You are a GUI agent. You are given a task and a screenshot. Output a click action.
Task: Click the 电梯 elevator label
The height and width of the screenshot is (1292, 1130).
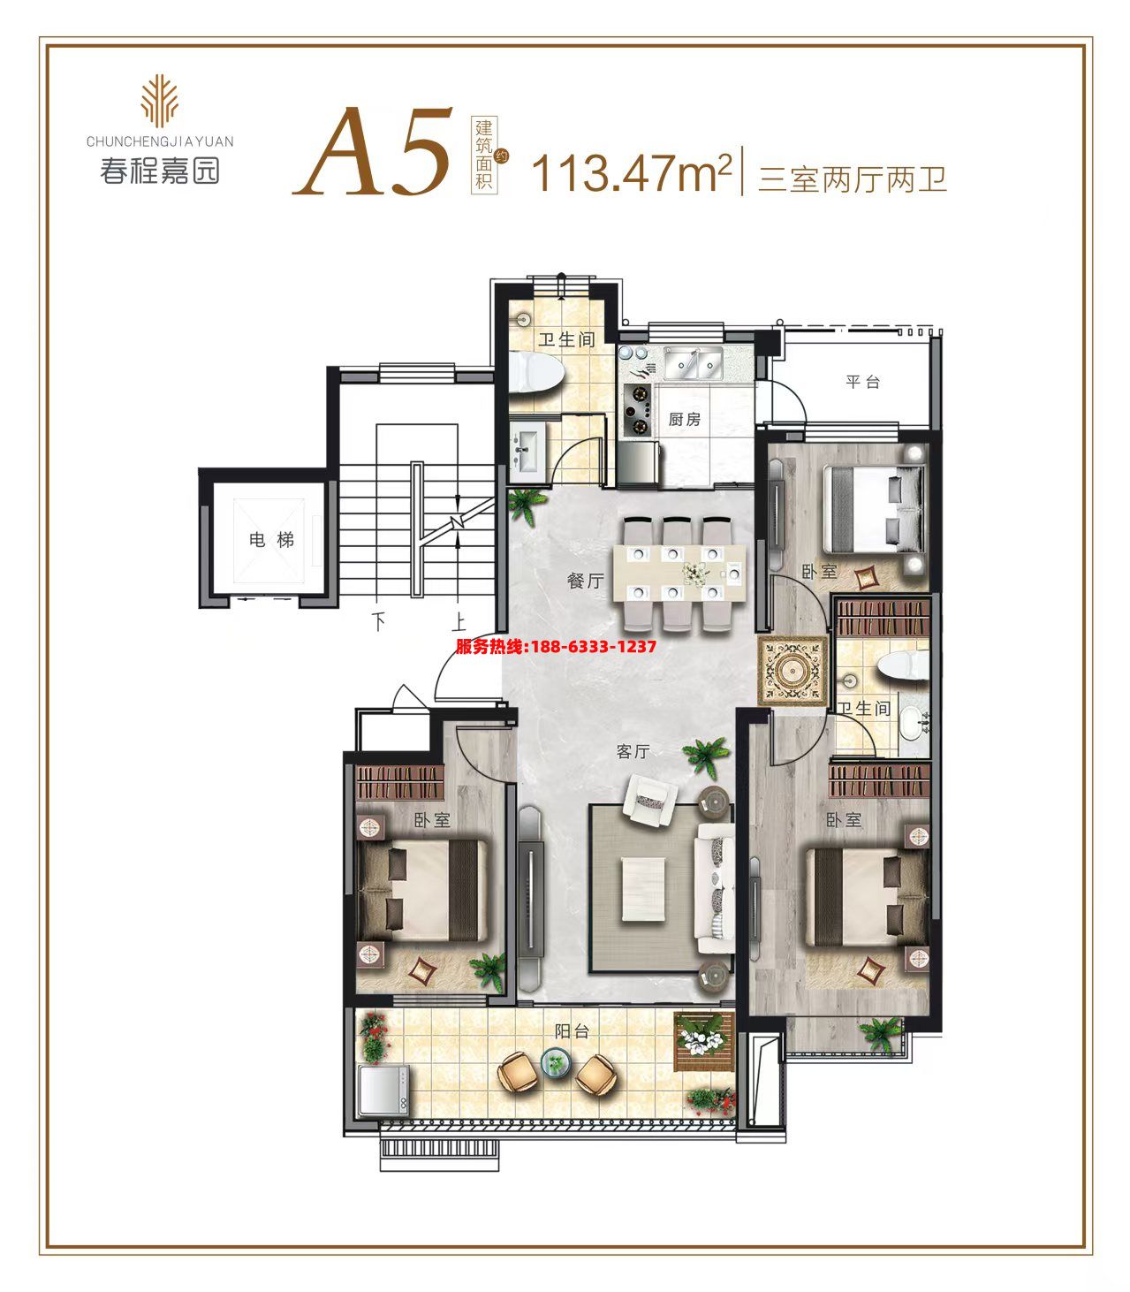(271, 539)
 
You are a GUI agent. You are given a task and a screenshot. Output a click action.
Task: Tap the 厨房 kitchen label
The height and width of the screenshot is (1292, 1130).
(685, 419)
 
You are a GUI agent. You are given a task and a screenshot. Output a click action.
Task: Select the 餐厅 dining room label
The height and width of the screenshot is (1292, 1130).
(586, 581)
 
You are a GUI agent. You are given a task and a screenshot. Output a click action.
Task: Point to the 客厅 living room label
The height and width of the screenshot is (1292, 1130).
(633, 751)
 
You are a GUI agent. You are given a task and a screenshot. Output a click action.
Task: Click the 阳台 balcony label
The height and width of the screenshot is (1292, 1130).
(572, 1031)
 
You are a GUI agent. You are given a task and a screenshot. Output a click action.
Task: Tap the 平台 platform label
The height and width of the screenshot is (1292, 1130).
(863, 382)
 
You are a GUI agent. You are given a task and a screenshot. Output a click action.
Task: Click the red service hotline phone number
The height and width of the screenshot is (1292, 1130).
(556, 646)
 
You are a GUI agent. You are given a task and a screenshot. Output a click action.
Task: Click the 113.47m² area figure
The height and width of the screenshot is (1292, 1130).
(633, 173)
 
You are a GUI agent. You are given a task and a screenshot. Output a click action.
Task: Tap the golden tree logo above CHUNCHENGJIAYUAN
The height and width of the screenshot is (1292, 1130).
(158, 101)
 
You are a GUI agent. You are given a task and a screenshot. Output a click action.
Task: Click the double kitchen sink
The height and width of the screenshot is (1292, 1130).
(694, 362)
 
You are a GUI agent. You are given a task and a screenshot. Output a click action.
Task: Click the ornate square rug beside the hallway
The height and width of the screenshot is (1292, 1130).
(793, 671)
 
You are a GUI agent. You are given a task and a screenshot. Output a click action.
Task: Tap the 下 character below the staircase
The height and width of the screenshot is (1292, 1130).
(379, 621)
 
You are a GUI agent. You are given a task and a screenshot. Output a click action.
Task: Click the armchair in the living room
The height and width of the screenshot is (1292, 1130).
(649, 801)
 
